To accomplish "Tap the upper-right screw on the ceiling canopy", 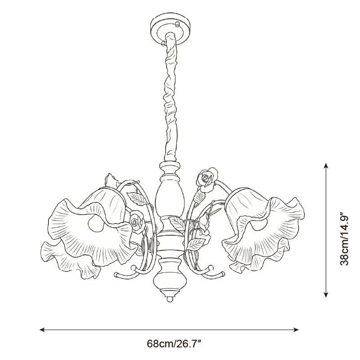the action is click(x=177, y=24).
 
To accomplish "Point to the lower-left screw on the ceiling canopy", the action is click(x=163, y=43).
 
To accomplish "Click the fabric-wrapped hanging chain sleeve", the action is click(x=171, y=97).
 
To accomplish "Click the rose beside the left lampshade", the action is click(x=137, y=222).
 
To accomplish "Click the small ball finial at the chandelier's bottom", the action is click(x=170, y=299).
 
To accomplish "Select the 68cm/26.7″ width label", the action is click(x=174, y=344).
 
